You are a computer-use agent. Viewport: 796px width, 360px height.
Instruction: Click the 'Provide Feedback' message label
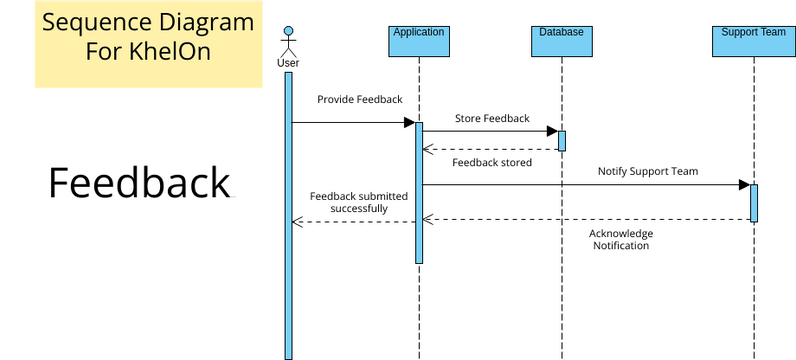pyautogui.click(x=359, y=100)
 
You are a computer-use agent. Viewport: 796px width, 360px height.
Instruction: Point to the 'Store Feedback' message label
pyautogui.click(x=492, y=118)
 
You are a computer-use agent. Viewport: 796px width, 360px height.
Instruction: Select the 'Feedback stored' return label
pyautogui.click(x=492, y=161)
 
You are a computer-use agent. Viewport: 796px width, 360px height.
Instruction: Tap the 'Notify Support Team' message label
pyautogui.click(x=648, y=171)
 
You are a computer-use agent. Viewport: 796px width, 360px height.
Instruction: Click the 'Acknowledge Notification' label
pyautogui.click(x=620, y=239)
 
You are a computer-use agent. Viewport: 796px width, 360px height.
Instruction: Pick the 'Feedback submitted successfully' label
pyautogui.click(x=359, y=202)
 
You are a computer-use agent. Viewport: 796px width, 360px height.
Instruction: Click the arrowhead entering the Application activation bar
pyautogui.click(x=409, y=123)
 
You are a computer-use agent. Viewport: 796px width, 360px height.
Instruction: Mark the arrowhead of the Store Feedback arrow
pyautogui.click(x=551, y=131)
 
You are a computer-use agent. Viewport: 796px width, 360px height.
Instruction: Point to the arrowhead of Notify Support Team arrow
pyautogui.click(x=744, y=184)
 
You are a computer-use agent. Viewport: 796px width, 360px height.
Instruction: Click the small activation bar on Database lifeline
pyautogui.click(x=562, y=141)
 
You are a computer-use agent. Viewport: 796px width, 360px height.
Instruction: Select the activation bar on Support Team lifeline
pyautogui.click(x=754, y=203)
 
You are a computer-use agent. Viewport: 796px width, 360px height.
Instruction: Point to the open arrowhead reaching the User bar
pyautogui.click(x=296, y=221)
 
